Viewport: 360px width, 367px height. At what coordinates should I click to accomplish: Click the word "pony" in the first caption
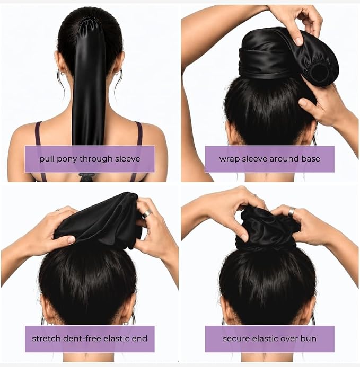[x=67, y=159]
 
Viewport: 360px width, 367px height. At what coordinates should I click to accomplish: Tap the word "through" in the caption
[x=96, y=159]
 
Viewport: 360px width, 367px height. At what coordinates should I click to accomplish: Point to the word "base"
[x=311, y=159]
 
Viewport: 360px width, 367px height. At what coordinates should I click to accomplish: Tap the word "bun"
[x=310, y=338]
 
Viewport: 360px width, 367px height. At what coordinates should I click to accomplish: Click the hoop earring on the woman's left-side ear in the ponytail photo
[x=62, y=74]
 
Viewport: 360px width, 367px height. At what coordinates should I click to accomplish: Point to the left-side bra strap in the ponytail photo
[x=38, y=133]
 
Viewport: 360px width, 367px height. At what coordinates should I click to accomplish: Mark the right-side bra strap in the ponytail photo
[x=138, y=133]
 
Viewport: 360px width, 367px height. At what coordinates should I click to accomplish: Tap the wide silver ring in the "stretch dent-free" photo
[x=147, y=213]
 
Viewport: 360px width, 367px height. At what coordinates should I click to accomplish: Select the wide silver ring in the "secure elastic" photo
[x=291, y=211]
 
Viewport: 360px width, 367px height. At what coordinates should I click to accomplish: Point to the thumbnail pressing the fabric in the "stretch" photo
[x=71, y=240]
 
